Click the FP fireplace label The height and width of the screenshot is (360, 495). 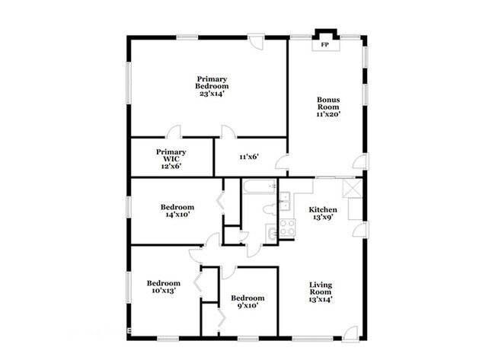[x=325, y=46]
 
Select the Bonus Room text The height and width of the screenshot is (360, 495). [x=328, y=107]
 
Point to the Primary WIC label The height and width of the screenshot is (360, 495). [x=171, y=158]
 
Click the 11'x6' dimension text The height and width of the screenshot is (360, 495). [x=249, y=157]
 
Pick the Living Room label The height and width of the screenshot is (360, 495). [x=321, y=292]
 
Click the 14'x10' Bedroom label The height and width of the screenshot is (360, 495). [x=177, y=211]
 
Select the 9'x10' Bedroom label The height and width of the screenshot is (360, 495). [x=247, y=301]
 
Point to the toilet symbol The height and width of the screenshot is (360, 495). [x=269, y=210]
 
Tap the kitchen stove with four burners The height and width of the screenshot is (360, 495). [x=289, y=226]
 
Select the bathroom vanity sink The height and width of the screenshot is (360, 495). [x=270, y=234]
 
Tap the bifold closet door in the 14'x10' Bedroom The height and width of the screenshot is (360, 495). [x=220, y=202]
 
